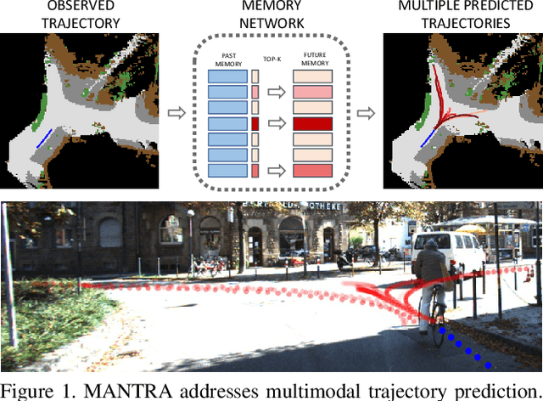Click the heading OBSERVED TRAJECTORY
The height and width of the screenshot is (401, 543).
80,14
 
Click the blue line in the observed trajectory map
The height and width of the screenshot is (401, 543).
43,137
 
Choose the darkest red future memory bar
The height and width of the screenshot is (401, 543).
312,123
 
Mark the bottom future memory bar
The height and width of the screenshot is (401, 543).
312,171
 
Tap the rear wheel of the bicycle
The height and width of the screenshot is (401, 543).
438,327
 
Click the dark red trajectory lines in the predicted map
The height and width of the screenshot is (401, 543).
442,102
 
